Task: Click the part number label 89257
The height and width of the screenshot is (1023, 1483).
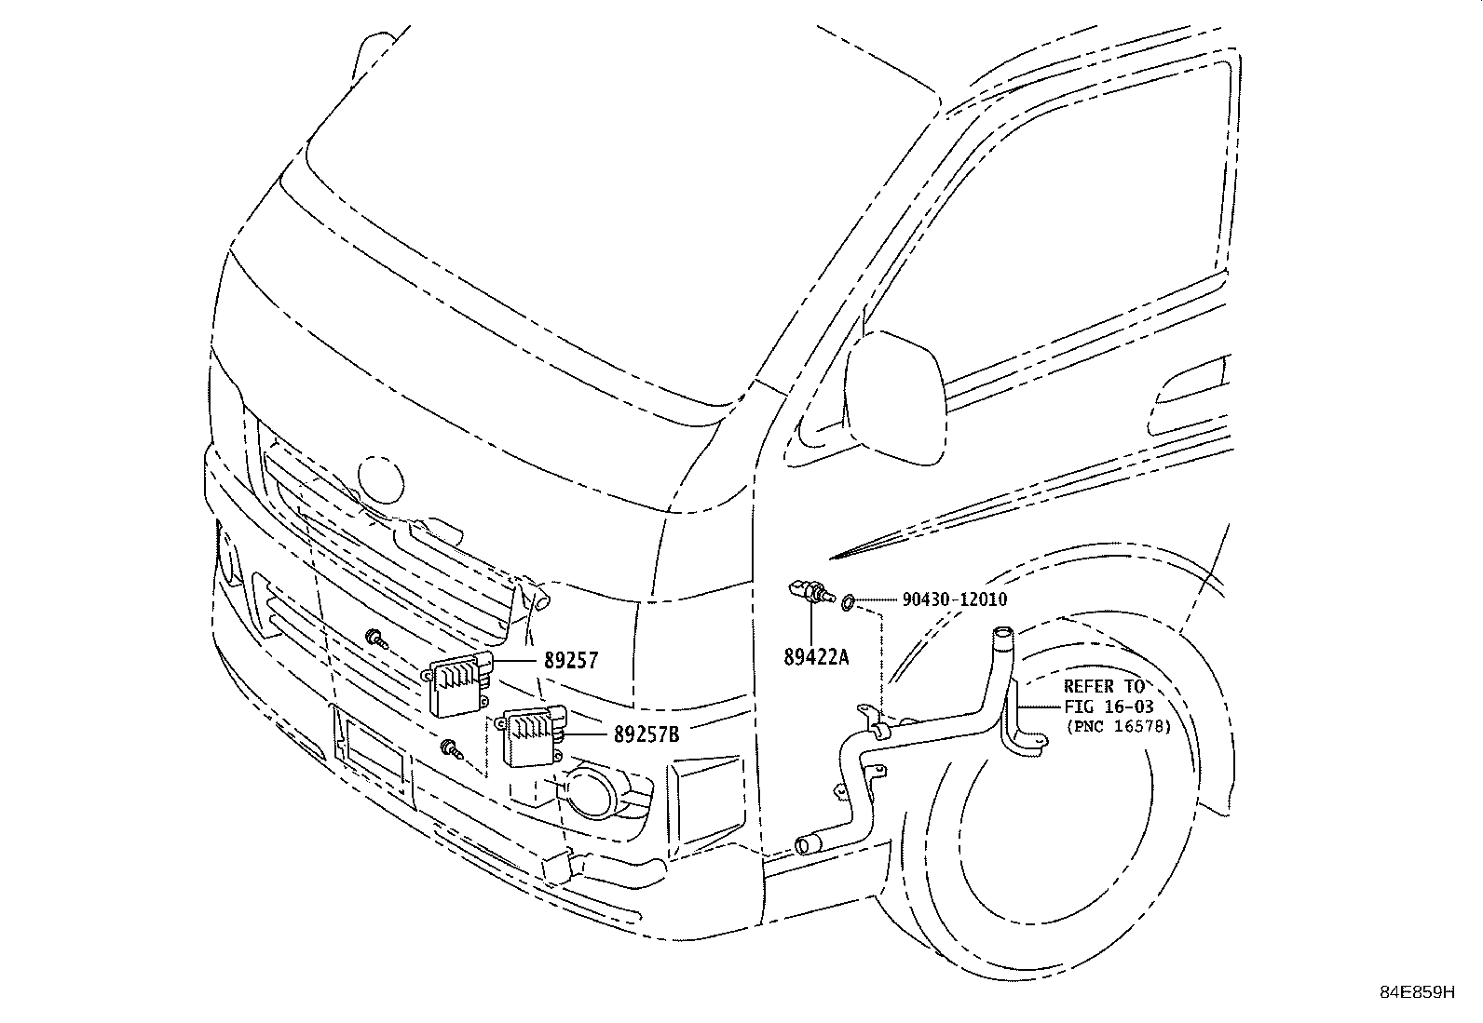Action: (570, 661)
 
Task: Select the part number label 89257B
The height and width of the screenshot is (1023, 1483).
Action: (646, 734)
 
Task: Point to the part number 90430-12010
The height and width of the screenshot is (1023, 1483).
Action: (954, 600)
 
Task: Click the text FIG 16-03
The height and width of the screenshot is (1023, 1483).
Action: (1109, 707)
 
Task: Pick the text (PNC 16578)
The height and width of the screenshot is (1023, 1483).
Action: (1119, 727)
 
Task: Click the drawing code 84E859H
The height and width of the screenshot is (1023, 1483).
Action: (1416, 992)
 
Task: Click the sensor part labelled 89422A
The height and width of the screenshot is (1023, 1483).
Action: (810, 593)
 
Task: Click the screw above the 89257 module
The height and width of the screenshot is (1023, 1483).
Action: (377, 639)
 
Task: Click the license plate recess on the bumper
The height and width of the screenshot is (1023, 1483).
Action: (373, 755)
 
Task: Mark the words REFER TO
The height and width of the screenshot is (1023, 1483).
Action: (1104, 687)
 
